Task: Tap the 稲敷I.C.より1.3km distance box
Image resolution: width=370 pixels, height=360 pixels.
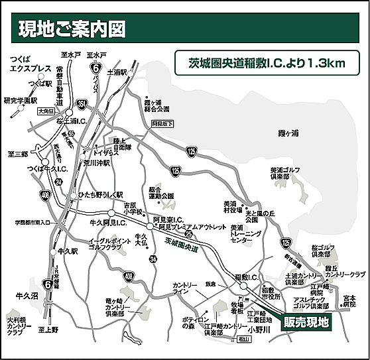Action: tap(265, 63)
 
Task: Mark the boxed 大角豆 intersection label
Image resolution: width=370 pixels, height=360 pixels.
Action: tap(46, 112)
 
